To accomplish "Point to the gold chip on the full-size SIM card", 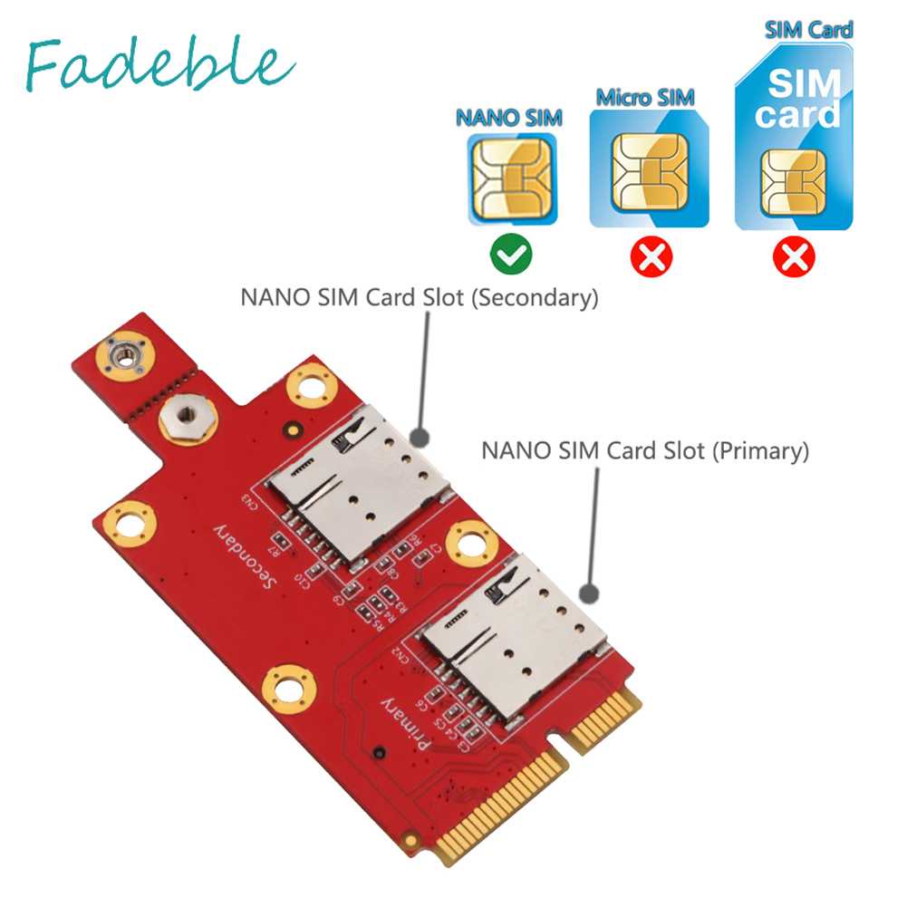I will click(x=793, y=182).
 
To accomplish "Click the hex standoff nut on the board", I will click(x=180, y=420).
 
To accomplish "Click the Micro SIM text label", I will click(x=643, y=97).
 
